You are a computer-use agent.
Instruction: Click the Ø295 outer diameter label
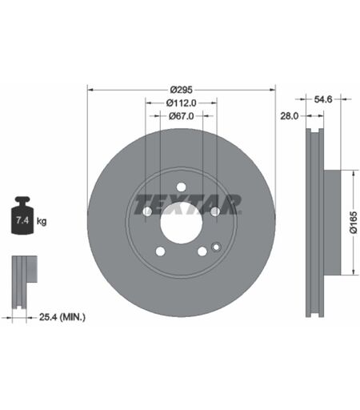[181, 90]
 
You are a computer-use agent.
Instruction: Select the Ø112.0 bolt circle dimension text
[181, 102]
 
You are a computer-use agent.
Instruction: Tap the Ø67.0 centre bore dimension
[181, 116]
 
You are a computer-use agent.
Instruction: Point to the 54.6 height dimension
[323, 99]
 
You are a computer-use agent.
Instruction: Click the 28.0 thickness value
[289, 116]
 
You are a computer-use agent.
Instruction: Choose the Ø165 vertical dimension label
[353, 223]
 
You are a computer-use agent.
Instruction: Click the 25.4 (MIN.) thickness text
[62, 317]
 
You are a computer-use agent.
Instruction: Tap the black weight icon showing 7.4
[22, 215]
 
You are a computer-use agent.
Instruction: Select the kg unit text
[42, 221]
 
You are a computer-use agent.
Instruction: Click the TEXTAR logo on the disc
[187, 204]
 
